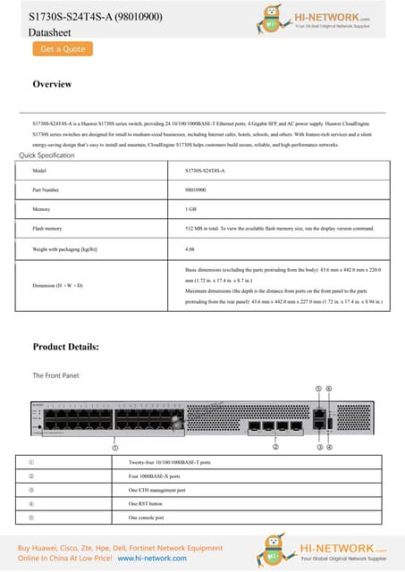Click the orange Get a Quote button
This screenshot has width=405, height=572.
[x=63, y=49]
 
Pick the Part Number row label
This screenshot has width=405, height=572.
[x=45, y=190]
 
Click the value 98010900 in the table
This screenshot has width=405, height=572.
[x=196, y=190]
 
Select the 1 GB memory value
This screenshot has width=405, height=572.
[x=190, y=209]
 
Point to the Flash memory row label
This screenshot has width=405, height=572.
[x=46, y=229]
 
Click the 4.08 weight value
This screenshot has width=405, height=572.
[x=190, y=248]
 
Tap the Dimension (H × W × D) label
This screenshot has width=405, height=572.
[x=57, y=285]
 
